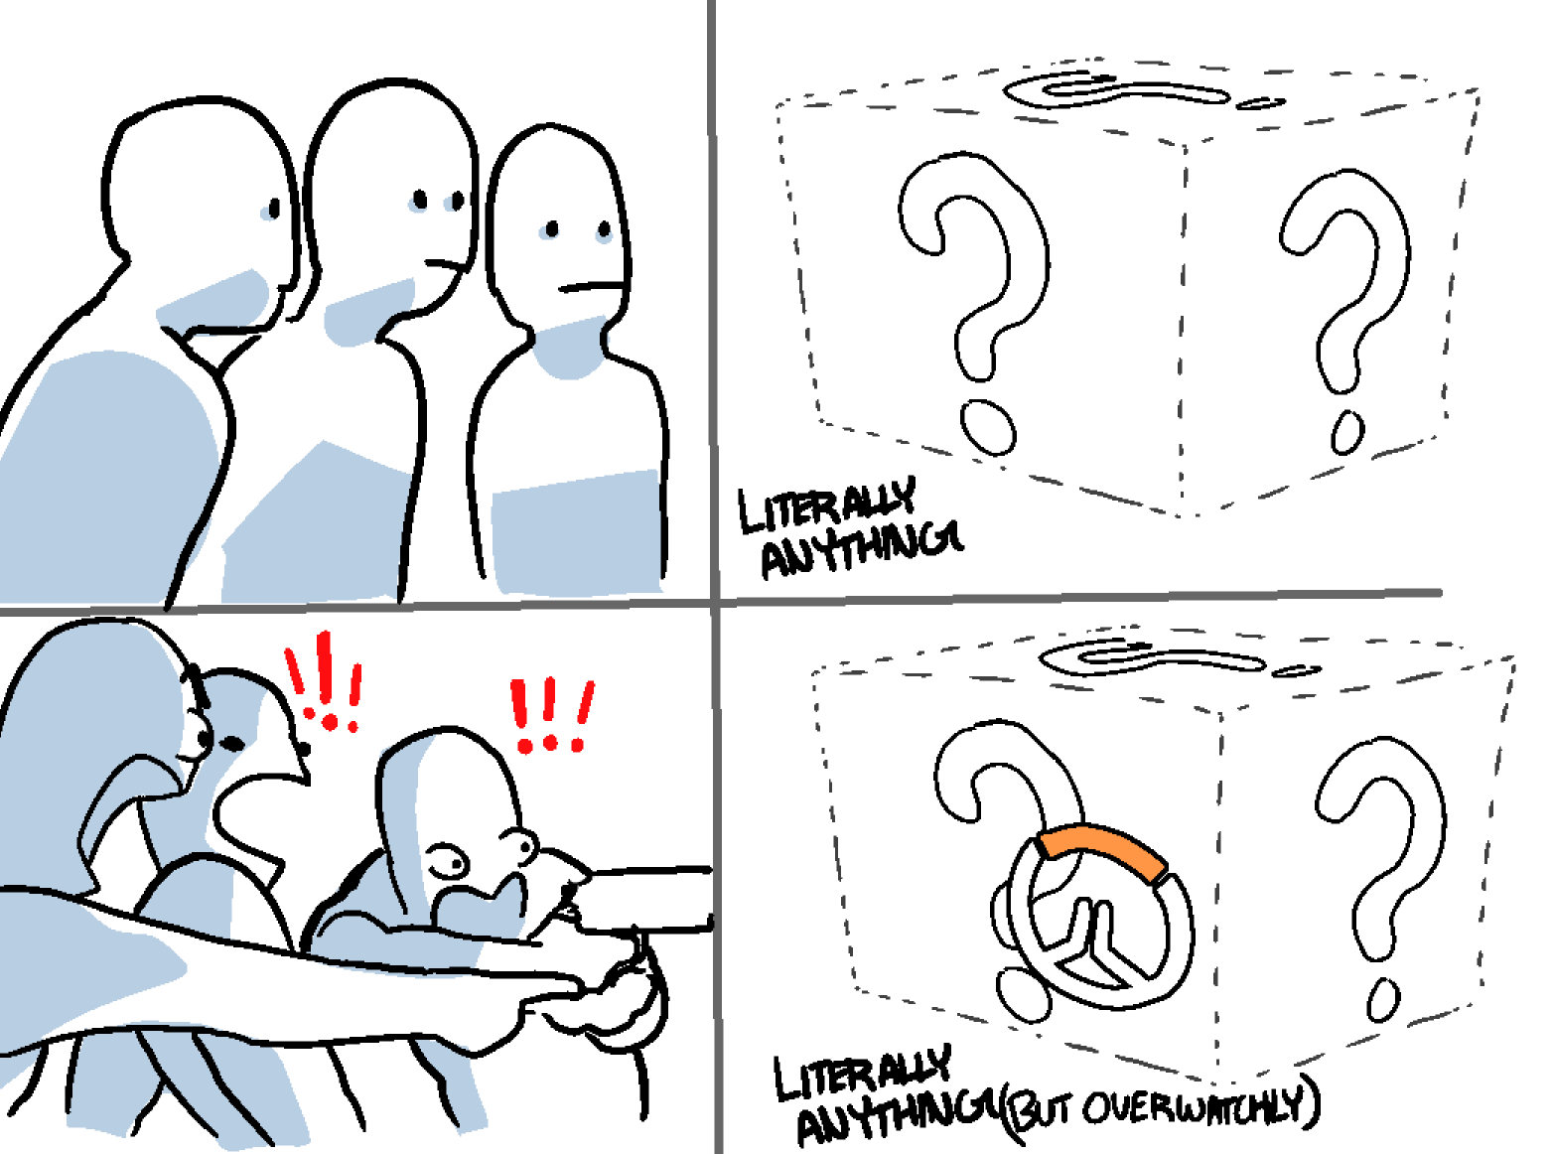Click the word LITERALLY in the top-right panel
[x=827, y=505]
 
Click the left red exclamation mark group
[x=324, y=682]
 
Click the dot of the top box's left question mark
[x=987, y=427]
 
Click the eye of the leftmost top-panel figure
[x=274, y=208]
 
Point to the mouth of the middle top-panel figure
[x=445, y=265]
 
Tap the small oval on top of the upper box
[x=1260, y=103]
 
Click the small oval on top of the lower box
[x=1296, y=670]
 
